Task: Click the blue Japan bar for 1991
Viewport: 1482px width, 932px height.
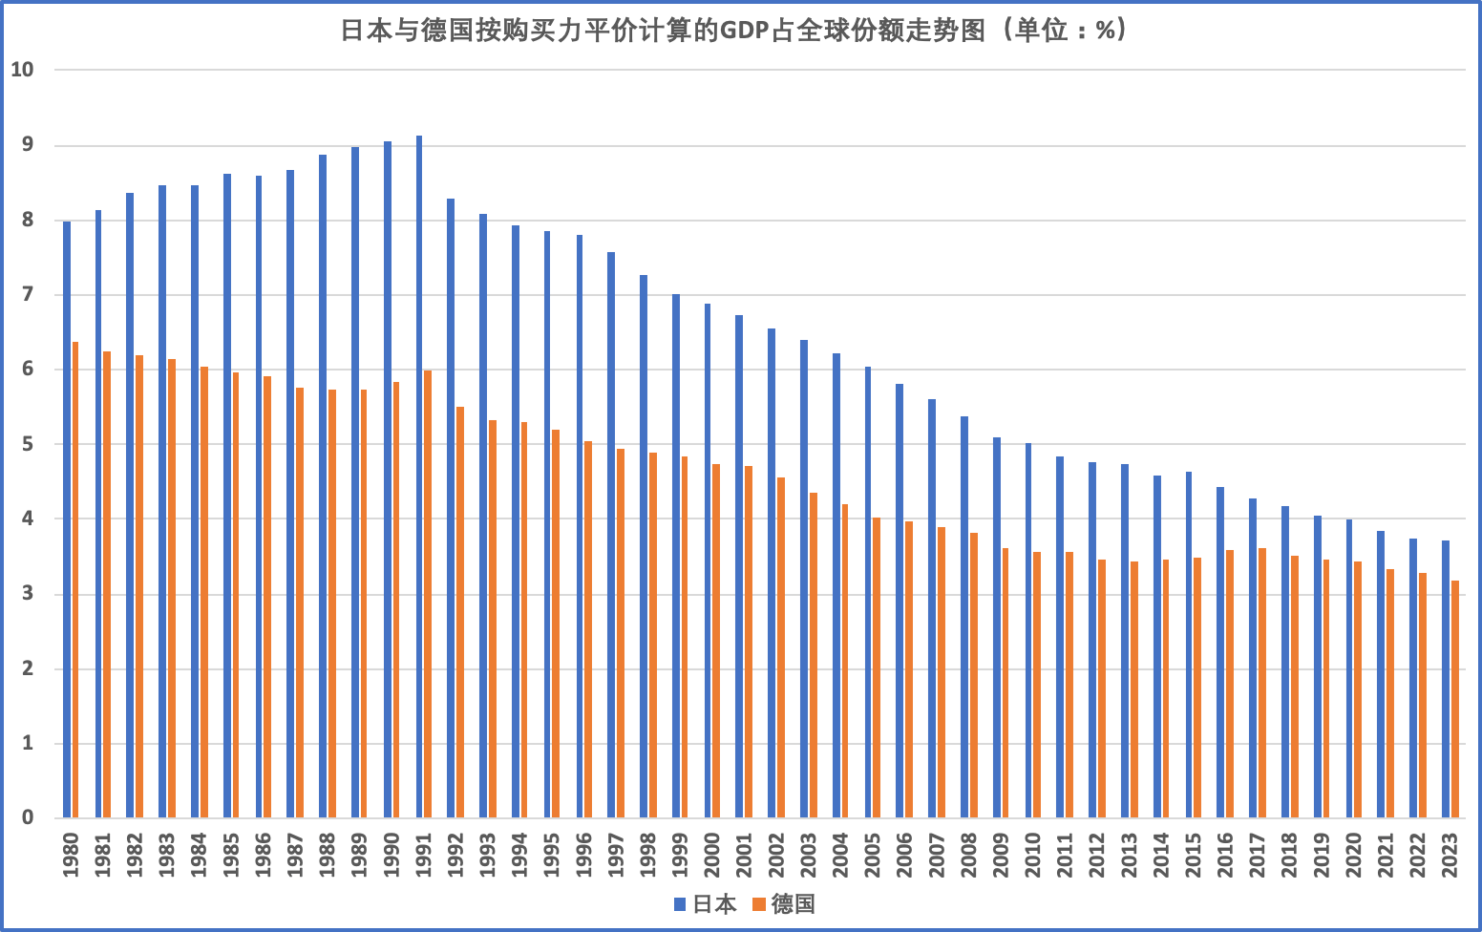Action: click(419, 477)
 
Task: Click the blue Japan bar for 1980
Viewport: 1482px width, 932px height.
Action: click(67, 519)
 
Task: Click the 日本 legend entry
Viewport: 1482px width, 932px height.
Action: click(706, 903)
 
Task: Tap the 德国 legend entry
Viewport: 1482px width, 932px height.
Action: click(785, 903)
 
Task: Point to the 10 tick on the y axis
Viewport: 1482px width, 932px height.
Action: click(22, 70)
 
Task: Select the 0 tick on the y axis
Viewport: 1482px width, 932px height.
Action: click(27, 817)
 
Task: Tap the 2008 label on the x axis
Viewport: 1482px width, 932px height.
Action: click(969, 855)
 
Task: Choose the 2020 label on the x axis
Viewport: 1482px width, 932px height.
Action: click(1354, 855)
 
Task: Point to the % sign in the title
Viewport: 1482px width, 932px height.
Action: click(1106, 32)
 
